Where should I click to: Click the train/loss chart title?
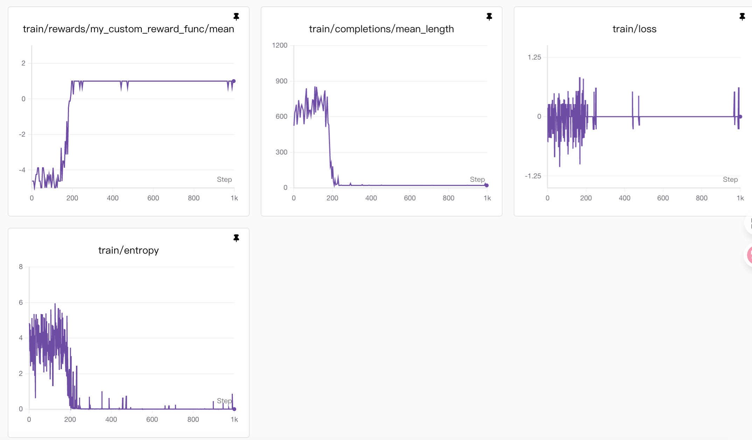click(x=634, y=29)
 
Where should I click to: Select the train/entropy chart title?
click(x=128, y=250)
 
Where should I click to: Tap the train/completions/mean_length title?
click(x=381, y=29)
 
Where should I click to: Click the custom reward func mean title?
click(x=128, y=29)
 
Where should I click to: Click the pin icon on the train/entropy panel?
click(x=236, y=238)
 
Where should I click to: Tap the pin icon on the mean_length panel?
click(x=489, y=17)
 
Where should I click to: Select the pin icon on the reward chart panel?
click(x=236, y=17)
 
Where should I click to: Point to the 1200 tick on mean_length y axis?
click(x=280, y=45)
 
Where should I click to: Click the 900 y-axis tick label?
click(x=281, y=81)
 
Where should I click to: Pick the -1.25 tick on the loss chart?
click(x=533, y=176)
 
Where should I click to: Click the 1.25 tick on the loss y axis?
click(x=534, y=57)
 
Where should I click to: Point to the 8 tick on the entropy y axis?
click(x=21, y=267)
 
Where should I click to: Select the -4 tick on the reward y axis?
click(x=22, y=170)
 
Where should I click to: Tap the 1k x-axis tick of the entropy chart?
click(x=234, y=419)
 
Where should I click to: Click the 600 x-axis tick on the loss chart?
click(x=663, y=198)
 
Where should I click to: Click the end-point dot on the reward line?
click(x=234, y=81)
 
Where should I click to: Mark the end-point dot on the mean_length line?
click(x=487, y=185)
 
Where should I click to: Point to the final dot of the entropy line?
click(x=234, y=409)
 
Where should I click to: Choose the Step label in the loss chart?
click(x=730, y=179)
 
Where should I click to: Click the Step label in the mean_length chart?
click(x=477, y=179)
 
